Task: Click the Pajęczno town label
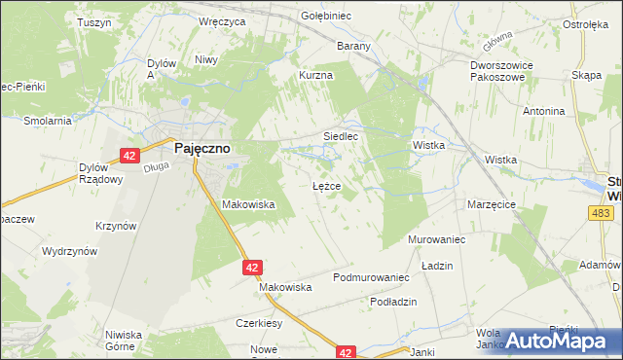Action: coord(202,151)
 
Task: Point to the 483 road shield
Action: coord(601,211)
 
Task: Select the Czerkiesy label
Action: coord(258,323)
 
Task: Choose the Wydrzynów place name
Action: coord(69,251)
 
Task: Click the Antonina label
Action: coord(543,111)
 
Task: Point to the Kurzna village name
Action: coord(316,75)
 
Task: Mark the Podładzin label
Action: coord(393,302)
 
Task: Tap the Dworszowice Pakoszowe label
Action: coord(498,73)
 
